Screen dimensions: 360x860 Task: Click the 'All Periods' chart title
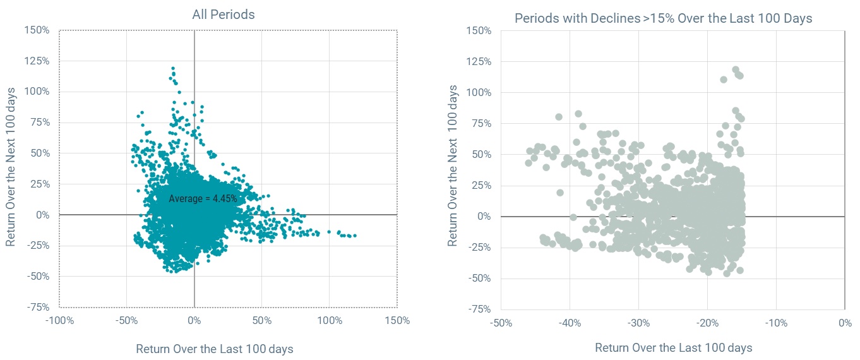(x=223, y=15)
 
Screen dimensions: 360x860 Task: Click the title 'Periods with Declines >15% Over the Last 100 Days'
(x=663, y=18)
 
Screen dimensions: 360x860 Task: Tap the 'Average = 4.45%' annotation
(x=203, y=198)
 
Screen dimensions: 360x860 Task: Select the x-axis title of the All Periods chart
(x=215, y=349)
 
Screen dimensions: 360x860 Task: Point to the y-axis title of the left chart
(x=11, y=168)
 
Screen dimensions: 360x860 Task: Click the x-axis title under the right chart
(x=673, y=348)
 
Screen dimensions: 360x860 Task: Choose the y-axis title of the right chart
(x=453, y=169)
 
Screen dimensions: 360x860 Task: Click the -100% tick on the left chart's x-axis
(x=59, y=320)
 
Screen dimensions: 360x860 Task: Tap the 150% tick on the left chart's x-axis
(x=397, y=320)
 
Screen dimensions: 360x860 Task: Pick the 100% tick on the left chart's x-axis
(x=330, y=320)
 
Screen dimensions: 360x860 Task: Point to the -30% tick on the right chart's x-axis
(x=638, y=323)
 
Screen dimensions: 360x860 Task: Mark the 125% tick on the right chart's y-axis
(x=479, y=62)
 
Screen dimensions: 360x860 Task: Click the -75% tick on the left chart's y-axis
(x=38, y=307)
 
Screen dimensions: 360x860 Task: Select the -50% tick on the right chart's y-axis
(x=479, y=279)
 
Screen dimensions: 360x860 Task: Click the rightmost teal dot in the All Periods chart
(x=354, y=236)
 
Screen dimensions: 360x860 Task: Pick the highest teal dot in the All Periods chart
(x=172, y=68)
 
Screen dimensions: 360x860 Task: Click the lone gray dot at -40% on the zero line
(x=573, y=217)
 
